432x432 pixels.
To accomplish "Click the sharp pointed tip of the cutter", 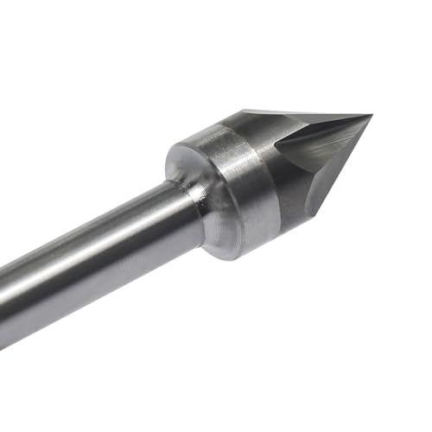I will click(x=370, y=115).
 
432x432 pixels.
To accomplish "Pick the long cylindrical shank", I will click(x=95, y=259).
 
